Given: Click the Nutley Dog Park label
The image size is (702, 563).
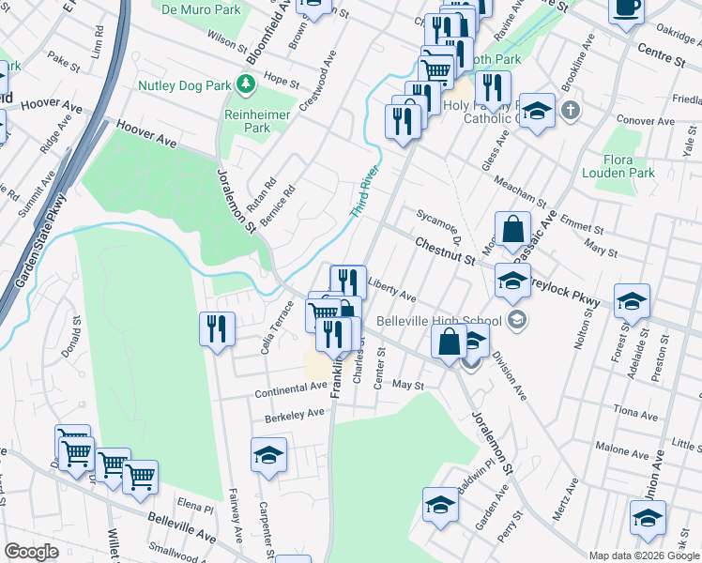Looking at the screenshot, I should point(184,85).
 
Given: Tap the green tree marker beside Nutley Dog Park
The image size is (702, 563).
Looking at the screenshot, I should point(246,85).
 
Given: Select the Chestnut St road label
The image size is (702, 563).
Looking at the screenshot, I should point(445,251).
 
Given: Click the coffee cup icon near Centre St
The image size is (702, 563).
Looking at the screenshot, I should point(626,8).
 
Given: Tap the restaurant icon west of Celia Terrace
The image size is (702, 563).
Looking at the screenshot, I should point(217,329).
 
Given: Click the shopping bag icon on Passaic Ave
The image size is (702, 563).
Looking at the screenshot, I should point(512,229).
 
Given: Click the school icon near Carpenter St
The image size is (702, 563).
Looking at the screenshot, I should point(268,455).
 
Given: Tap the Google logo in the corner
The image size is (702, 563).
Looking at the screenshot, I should point(30,552).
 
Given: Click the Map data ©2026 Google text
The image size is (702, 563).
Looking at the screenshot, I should point(643,555).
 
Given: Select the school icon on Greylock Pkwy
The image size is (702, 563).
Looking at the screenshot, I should point(633,302).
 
